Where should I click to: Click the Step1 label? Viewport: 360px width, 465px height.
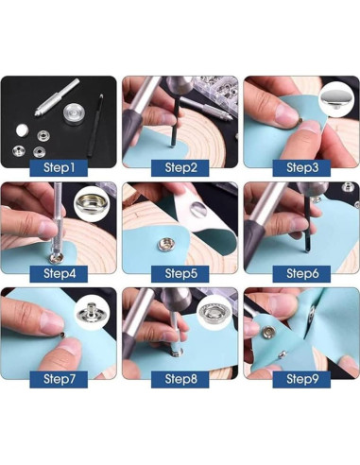coord(59,167)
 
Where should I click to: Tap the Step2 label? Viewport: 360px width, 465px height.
coord(180,167)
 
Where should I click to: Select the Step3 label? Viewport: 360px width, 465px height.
coord(301,167)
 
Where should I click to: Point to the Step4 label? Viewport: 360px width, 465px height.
coord(59,273)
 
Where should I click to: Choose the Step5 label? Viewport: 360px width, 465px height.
coord(180,273)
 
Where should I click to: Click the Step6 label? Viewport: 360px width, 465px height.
coord(301,273)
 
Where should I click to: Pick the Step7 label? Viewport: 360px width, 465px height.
coord(59,379)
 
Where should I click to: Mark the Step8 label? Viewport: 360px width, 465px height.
coord(180,379)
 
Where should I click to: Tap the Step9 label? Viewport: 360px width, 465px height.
coord(301,379)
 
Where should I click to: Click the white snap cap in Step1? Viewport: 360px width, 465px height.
coord(22,129)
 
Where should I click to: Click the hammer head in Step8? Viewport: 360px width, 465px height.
coord(176,298)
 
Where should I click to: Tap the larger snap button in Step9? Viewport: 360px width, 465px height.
coord(269,332)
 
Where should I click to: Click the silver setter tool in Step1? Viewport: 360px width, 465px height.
coord(56,97)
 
